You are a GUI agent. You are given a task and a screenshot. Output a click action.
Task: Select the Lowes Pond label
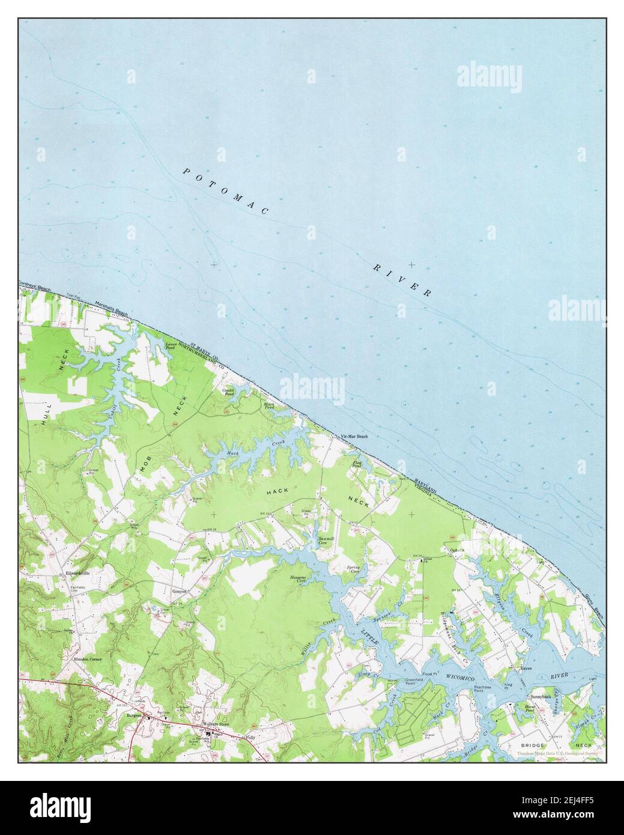(171, 346)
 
